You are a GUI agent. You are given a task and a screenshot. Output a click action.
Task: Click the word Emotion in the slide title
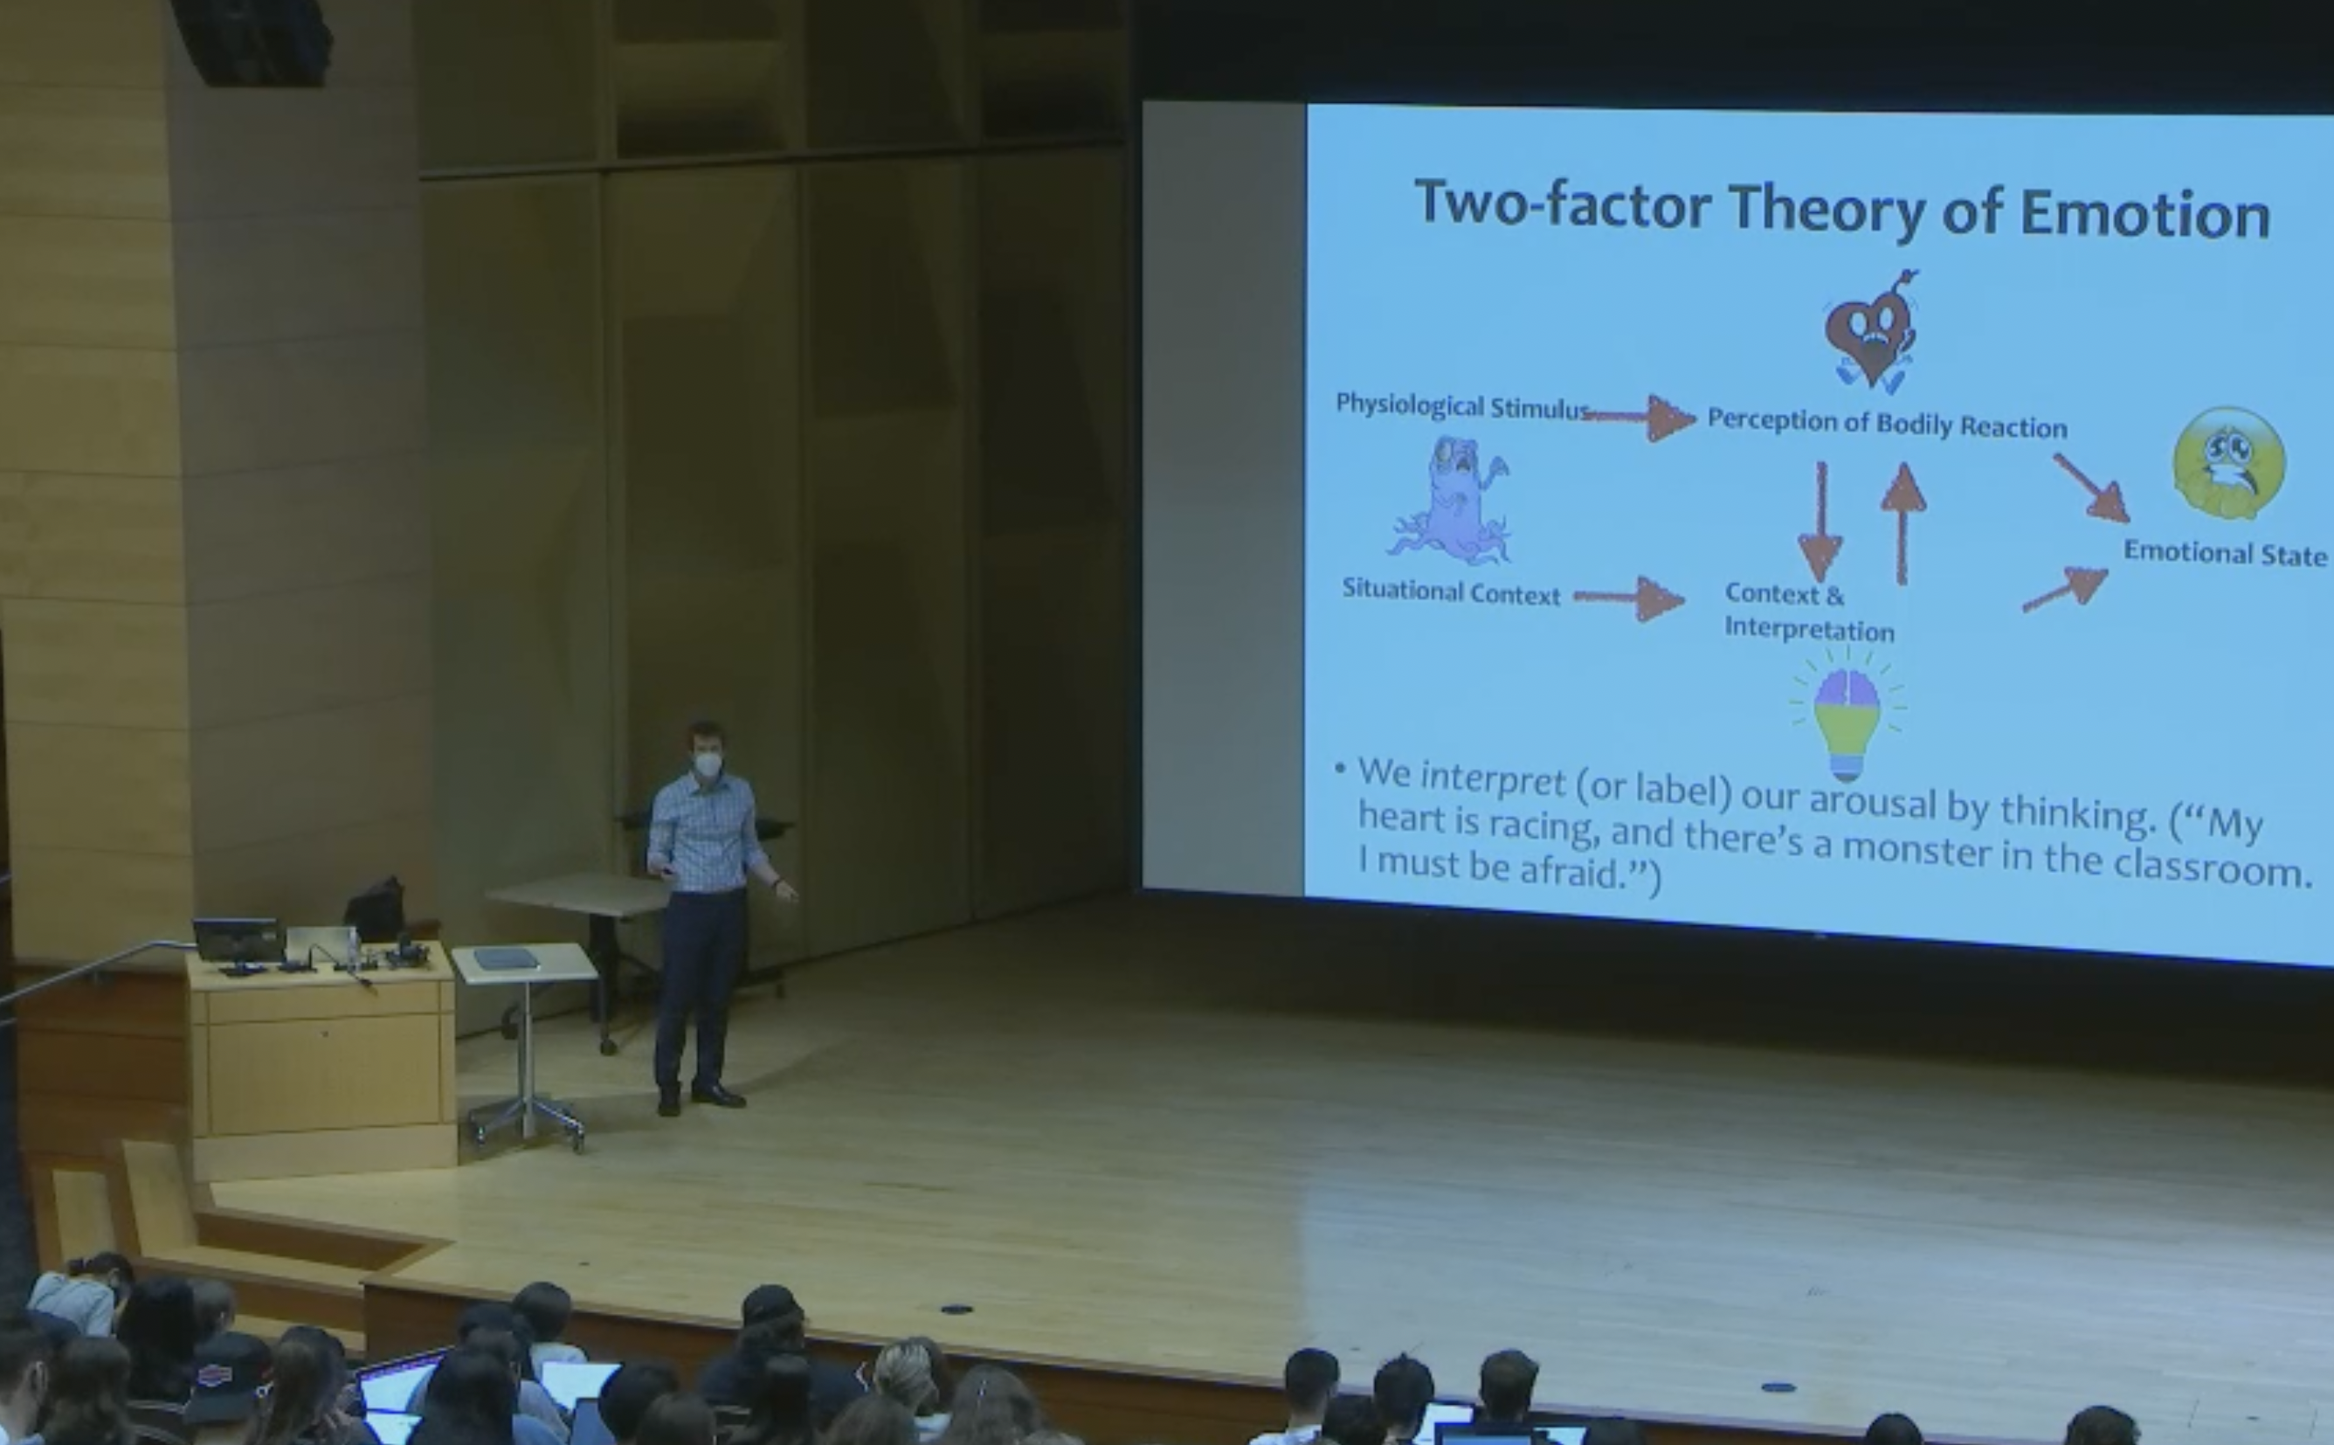coord(2144,213)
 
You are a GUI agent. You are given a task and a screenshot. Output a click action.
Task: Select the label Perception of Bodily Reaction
coord(1887,424)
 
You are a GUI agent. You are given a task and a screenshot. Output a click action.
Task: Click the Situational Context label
coord(1450,591)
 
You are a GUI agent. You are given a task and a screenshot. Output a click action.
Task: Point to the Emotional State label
coord(2225,553)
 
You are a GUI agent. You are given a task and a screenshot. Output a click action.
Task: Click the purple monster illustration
coord(1450,499)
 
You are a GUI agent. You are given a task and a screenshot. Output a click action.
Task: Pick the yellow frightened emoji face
coord(2229,464)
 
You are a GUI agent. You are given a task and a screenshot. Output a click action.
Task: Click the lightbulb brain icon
coord(1847,714)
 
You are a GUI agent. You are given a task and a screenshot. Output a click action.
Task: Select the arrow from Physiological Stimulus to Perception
coord(1640,417)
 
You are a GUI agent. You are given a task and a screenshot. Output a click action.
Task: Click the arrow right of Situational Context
coord(1629,598)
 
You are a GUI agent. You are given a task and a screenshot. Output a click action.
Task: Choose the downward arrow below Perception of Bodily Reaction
coord(1820,522)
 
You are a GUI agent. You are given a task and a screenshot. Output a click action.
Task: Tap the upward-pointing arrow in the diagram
coord(1903,522)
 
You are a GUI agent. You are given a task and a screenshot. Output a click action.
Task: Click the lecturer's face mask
coord(708,764)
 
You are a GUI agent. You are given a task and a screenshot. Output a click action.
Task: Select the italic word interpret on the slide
coord(1492,779)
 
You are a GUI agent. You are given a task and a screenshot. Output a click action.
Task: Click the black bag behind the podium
coord(376,909)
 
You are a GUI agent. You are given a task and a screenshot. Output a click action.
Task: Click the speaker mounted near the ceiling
coord(252,41)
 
